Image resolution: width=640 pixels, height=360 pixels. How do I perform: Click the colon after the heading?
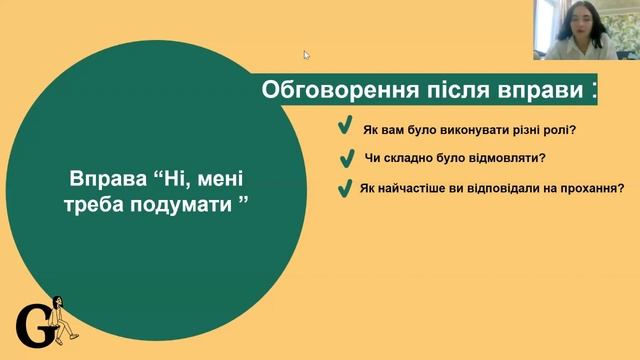[x=596, y=90]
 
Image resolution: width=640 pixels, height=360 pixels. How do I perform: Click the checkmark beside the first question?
[x=344, y=128]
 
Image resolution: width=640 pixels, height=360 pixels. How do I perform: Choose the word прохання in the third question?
[x=587, y=188]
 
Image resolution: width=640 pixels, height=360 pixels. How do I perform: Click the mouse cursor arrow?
[x=307, y=55]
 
